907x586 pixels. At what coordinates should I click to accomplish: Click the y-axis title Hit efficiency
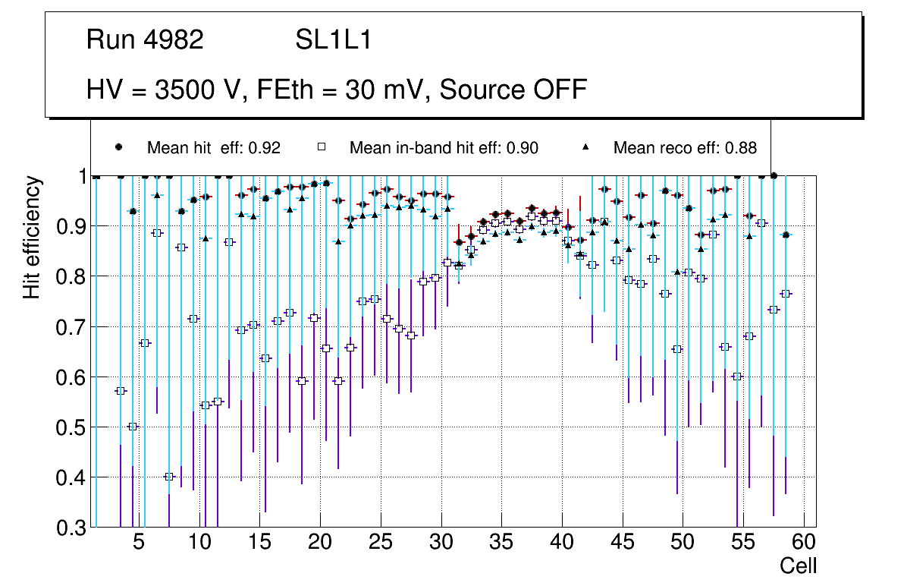tap(32, 237)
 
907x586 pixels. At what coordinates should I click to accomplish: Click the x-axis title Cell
tap(798, 566)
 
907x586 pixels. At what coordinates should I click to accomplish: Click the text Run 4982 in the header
tap(145, 40)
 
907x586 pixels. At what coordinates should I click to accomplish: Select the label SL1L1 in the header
tap(333, 40)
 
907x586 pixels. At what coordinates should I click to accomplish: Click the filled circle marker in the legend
tap(118, 147)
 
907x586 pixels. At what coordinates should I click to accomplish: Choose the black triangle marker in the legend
tap(587, 147)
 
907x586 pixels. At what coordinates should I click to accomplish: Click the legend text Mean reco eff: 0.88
tap(685, 148)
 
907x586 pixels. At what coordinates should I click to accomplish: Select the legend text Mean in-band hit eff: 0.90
tap(444, 148)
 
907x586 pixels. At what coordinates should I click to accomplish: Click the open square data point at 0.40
tap(169, 477)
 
